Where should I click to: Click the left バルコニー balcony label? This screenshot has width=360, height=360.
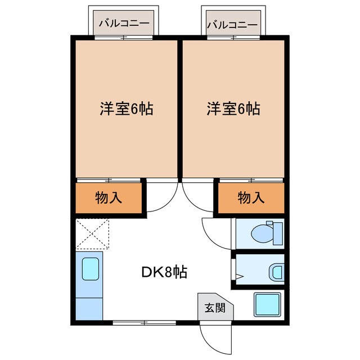coord(124,24)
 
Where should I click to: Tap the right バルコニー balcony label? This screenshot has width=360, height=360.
coord(233,24)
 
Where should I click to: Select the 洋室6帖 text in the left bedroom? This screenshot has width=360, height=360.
coord(125,109)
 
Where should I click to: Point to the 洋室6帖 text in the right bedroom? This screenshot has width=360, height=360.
coord(232,109)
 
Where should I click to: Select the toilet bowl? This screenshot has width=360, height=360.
coord(261,232)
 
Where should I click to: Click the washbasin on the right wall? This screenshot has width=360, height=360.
coord(277,273)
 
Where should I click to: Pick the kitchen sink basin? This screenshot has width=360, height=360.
coord(91,269)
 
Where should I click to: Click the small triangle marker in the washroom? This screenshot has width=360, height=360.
coord(238,276)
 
